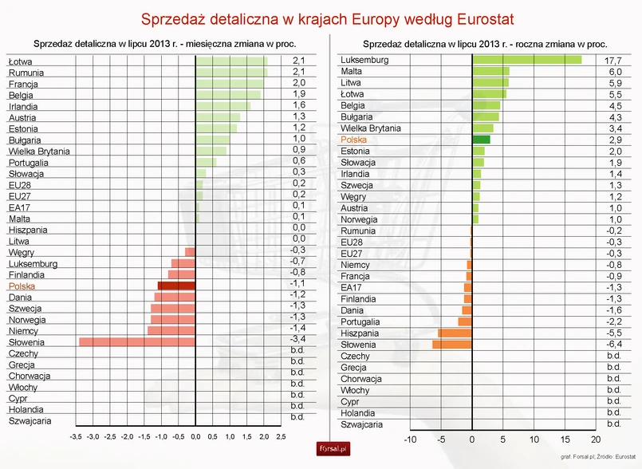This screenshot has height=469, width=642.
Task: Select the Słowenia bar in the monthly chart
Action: [137, 342]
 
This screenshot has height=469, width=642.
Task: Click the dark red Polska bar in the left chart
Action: [176, 286]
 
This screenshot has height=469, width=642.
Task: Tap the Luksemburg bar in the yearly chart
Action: [526, 60]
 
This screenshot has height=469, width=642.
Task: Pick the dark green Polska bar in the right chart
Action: [481, 140]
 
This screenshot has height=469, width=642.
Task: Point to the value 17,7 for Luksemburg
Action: [614, 60]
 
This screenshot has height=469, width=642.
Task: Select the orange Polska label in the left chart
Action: [22, 286]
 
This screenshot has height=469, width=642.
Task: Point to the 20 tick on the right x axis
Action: [596, 439]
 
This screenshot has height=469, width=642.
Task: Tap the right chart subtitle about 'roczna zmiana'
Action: [484, 44]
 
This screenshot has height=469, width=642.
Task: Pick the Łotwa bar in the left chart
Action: [231, 61]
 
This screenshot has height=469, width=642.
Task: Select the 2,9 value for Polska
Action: [614, 140]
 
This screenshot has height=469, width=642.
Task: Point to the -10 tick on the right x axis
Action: [410, 439]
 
